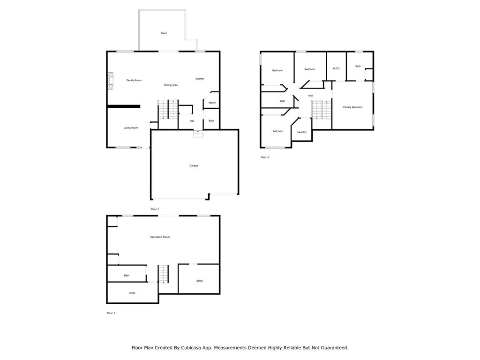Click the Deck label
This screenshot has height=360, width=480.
164,33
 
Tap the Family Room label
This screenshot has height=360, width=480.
134,80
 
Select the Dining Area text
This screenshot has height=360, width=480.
171,85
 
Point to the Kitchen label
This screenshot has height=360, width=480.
200,79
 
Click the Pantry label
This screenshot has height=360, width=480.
212,103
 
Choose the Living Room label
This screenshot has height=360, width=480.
131,128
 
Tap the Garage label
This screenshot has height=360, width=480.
194,165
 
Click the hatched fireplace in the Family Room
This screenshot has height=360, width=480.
110,81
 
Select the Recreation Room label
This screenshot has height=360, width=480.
160,237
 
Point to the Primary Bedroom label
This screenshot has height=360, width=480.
352,107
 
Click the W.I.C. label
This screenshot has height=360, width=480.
336,68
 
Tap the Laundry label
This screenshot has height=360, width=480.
302,132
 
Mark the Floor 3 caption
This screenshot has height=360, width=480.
265,157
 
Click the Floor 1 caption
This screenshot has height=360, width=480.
111,313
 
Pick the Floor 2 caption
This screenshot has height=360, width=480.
155,209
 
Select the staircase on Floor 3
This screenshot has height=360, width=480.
322,109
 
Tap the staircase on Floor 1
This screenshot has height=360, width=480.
163,274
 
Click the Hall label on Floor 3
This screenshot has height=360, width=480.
310,96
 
